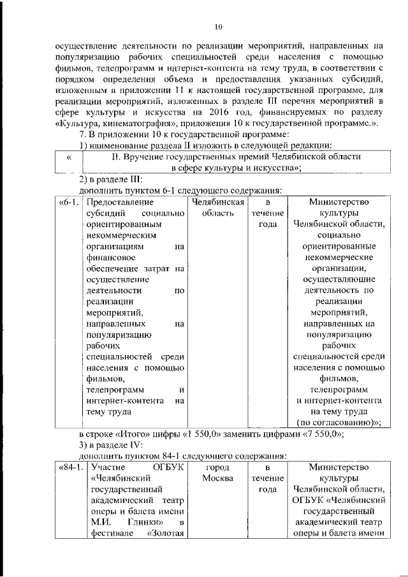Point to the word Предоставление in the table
click(x=114, y=202)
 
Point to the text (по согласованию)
click(x=337, y=423)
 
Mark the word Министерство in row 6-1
click(x=338, y=202)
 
